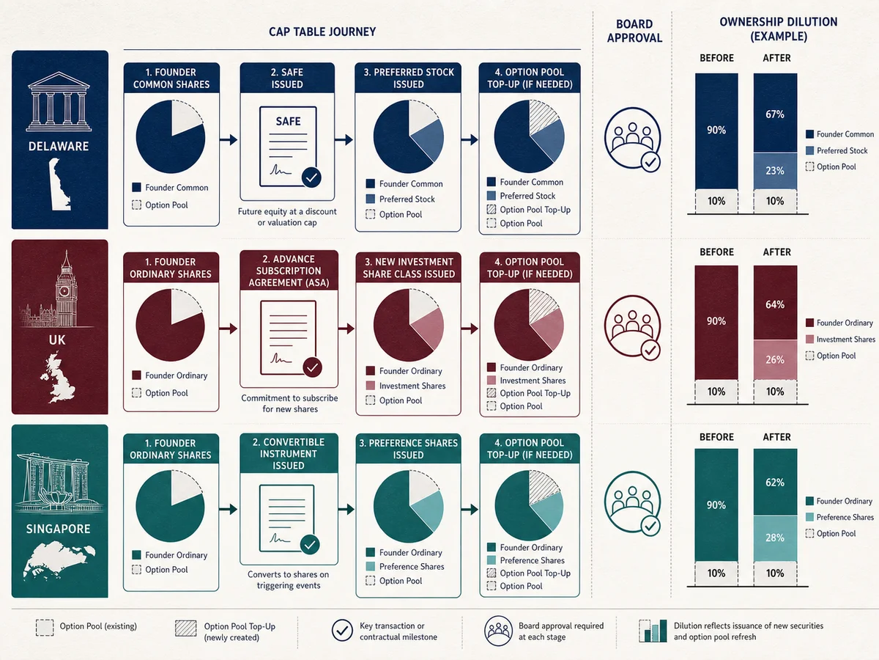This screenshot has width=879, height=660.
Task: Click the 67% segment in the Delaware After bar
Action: [x=775, y=113]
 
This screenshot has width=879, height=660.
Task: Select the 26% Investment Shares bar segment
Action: [x=775, y=359]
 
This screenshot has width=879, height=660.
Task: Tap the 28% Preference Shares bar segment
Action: [x=775, y=538]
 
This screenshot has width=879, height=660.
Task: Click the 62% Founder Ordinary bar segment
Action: [x=775, y=482]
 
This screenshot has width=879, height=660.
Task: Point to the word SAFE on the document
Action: [x=288, y=121]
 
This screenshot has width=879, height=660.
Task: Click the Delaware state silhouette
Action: [x=59, y=184]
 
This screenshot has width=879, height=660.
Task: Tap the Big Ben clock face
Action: [x=64, y=291]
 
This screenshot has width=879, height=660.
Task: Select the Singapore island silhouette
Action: [x=59, y=558]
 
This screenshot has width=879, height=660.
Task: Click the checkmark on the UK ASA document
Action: [x=312, y=367]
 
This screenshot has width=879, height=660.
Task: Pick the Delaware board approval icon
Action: [x=633, y=139]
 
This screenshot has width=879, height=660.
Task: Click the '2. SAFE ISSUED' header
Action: [x=287, y=78]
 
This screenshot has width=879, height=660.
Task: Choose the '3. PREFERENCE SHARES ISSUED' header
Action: [x=408, y=449]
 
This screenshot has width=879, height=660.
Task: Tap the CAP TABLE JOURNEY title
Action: [x=322, y=32]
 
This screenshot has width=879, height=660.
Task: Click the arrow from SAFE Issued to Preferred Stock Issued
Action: [x=344, y=140]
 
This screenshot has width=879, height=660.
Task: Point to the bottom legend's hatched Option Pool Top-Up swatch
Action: [x=186, y=628]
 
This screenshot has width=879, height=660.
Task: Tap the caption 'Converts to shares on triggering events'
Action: [x=289, y=580]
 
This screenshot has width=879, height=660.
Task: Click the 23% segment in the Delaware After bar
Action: [x=775, y=171]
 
